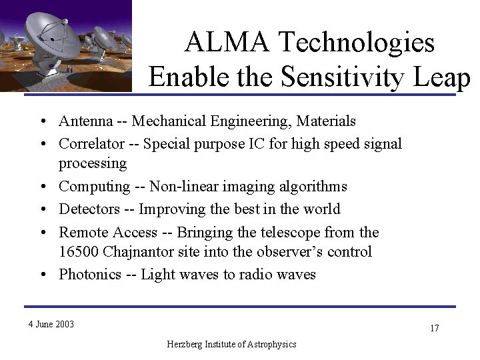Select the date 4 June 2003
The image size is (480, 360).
pos(51,325)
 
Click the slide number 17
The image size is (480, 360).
pos(434,328)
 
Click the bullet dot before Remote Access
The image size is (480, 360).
pos(42,232)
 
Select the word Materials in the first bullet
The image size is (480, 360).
pos(325,121)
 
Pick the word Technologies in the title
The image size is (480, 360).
pos(355,43)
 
